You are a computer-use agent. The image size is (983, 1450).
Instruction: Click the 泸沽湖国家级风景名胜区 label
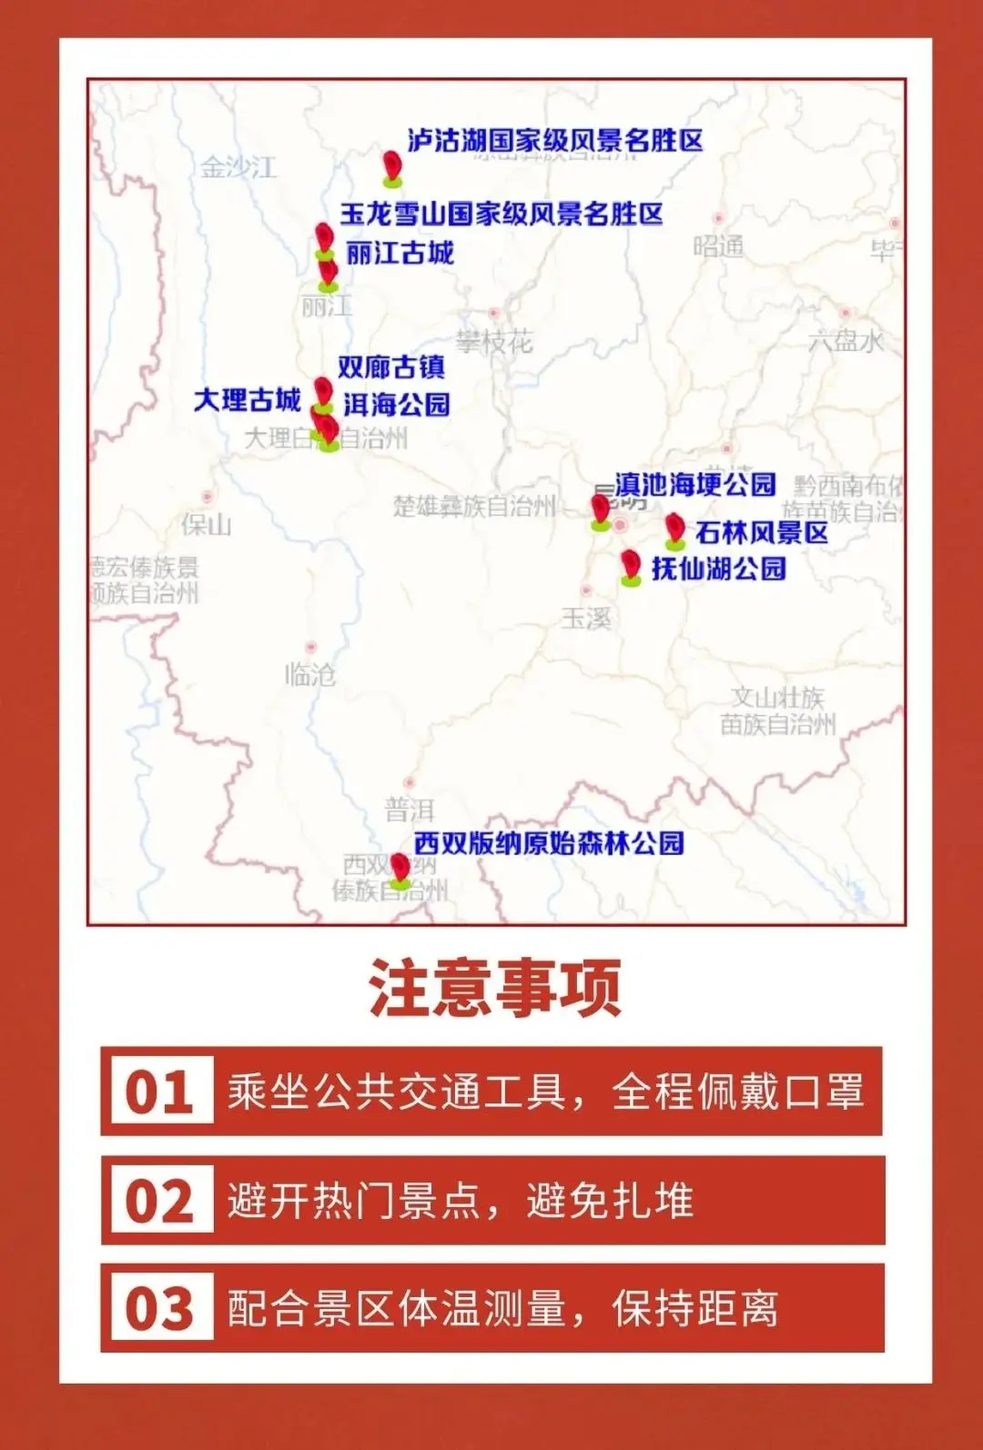point(554,140)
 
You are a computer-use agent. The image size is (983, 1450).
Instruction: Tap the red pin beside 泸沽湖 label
point(392,166)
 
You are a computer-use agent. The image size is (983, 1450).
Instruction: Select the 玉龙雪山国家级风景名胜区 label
point(502,214)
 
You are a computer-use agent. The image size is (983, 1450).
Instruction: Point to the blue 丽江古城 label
point(400,253)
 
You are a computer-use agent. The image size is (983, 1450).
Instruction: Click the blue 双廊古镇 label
point(391,367)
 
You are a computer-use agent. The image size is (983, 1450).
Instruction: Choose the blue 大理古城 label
point(248,399)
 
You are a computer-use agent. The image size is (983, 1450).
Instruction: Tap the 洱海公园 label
point(397,404)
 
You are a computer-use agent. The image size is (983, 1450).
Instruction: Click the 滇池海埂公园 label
point(695,484)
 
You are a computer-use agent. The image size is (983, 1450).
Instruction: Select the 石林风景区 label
point(762,532)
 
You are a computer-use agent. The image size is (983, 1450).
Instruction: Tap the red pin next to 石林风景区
point(674,529)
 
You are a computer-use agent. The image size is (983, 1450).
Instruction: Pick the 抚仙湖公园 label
point(718,569)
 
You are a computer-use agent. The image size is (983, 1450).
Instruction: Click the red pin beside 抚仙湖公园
point(631,565)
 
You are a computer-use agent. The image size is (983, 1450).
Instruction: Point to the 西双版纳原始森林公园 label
point(549,843)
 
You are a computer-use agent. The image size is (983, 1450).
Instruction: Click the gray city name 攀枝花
point(494,342)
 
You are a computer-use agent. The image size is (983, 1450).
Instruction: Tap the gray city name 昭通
point(718,247)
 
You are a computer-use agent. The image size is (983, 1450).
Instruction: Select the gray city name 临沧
point(309,674)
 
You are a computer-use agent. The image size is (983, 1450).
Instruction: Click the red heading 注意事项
point(495,988)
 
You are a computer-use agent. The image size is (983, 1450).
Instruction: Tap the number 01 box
point(160,1091)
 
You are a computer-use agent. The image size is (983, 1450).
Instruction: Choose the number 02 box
point(160,1200)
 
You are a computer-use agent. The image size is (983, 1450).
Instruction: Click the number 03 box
point(160,1308)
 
